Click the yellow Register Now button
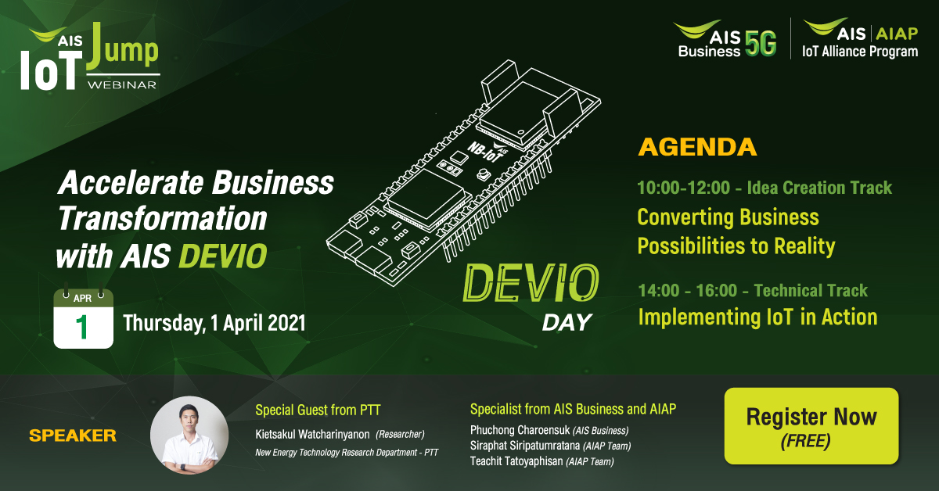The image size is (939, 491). tap(811, 425)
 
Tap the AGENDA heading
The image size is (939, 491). tap(697, 147)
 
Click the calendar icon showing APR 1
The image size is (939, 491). tap(84, 317)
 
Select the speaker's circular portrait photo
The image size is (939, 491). tap(189, 435)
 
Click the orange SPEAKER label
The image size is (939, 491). tap(73, 435)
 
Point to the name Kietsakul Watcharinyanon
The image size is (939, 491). tap(312, 435)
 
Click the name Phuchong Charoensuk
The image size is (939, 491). tap(520, 430)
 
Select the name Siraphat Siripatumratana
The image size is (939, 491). tap(525, 446)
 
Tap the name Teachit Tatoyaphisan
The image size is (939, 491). tap(516, 461)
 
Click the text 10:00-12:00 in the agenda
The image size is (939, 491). tap(684, 188)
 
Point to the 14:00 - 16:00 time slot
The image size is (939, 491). tap(688, 290)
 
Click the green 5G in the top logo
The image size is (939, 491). tap(761, 43)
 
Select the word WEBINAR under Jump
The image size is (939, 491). tap(122, 84)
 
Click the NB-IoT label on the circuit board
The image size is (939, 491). tap(485, 152)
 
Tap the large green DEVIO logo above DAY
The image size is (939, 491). tap(531, 283)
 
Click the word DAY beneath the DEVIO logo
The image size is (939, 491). tap(567, 322)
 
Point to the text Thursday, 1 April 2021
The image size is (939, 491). tap(214, 323)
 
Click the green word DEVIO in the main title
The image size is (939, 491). tap(223, 256)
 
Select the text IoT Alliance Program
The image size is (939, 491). tap(860, 51)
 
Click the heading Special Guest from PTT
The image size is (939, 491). tap(318, 410)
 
